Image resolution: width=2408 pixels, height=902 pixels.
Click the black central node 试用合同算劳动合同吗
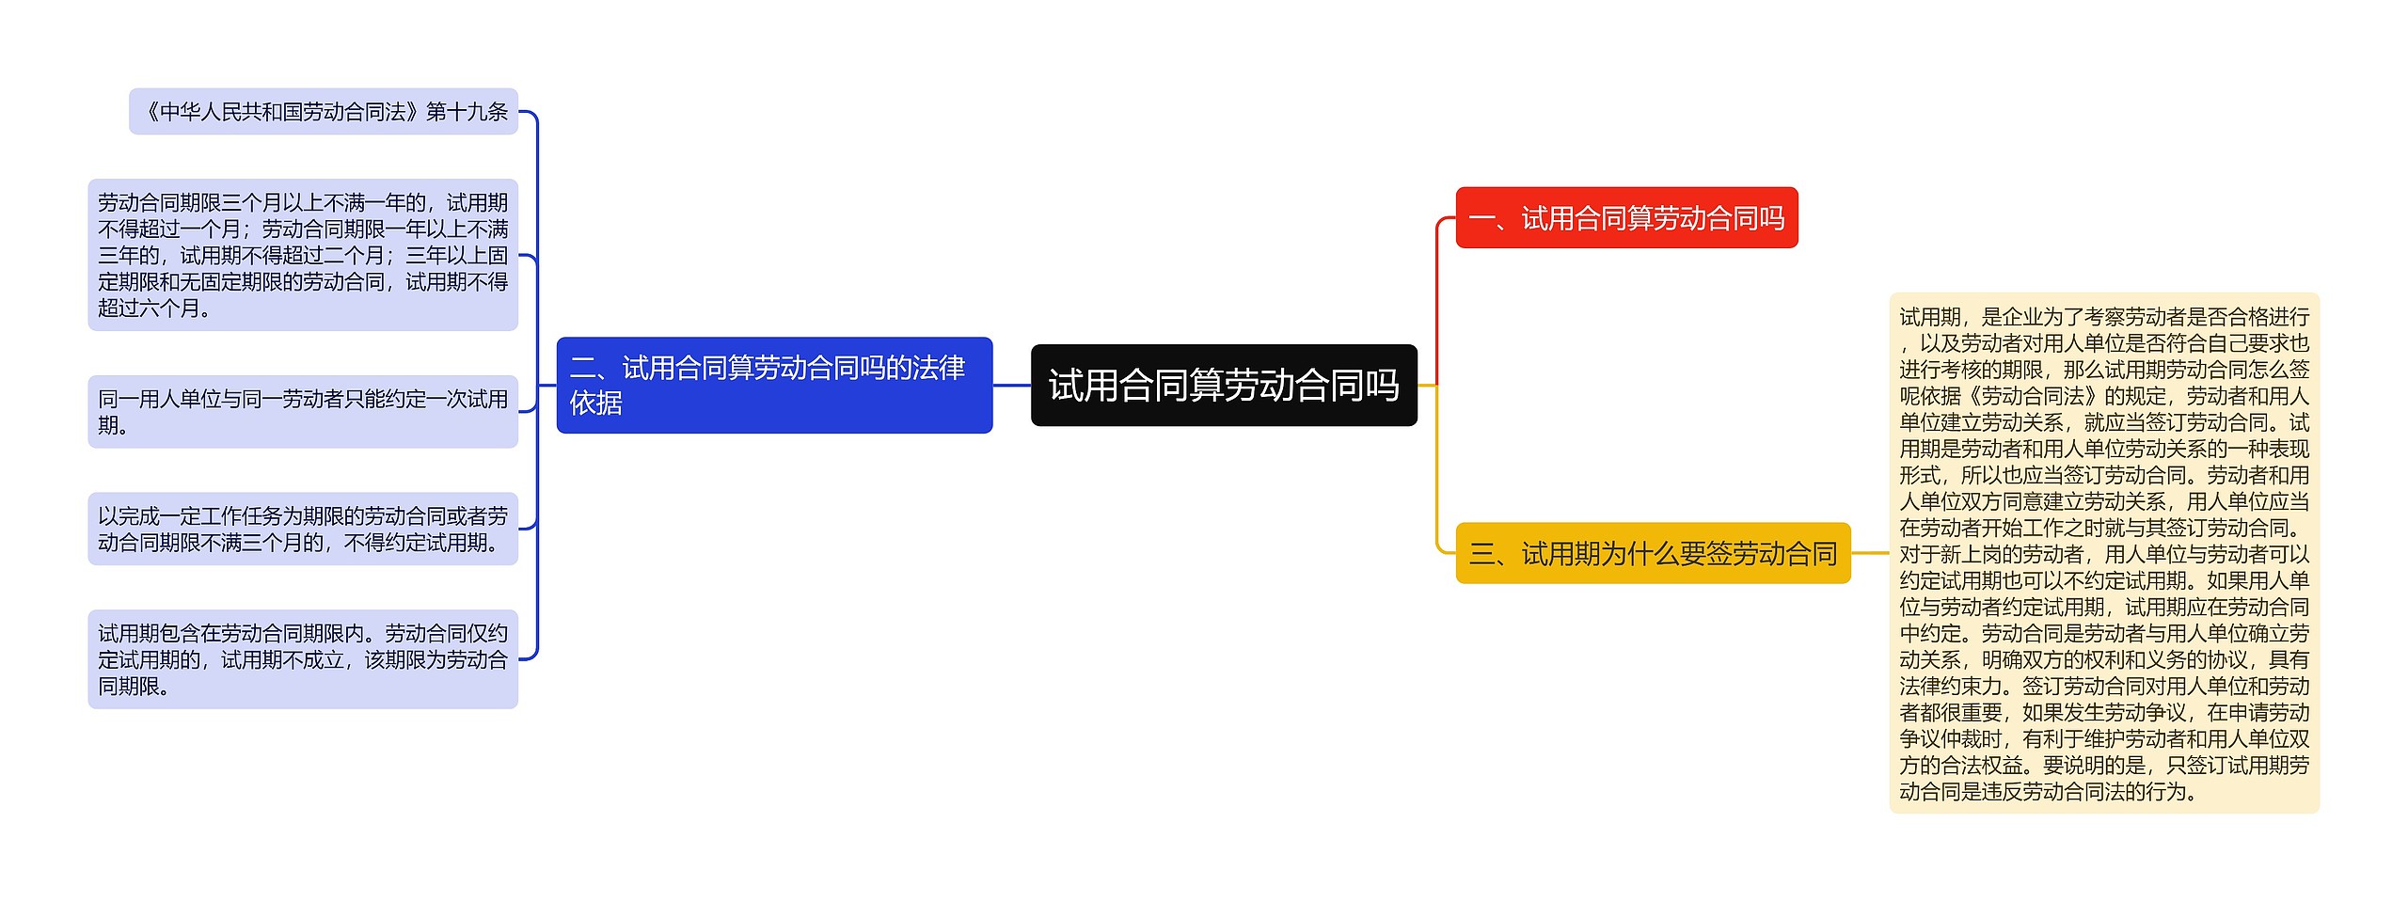(1223, 386)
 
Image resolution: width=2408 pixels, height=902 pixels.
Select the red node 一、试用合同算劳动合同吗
(1626, 218)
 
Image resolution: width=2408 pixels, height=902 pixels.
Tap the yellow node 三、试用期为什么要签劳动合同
(1653, 554)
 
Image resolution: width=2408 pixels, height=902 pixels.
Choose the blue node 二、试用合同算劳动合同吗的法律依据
(773, 386)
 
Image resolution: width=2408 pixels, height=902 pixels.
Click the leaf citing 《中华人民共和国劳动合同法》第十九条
(324, 112)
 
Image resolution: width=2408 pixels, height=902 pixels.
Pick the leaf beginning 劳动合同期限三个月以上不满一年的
(302, 255)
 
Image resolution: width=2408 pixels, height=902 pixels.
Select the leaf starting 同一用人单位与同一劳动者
(302, 412)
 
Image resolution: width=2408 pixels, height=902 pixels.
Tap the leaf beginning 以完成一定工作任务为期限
(302, 529)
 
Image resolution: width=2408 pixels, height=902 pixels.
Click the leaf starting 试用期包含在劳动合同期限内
(302, 659)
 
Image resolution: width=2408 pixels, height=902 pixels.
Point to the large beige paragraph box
(2104, 554)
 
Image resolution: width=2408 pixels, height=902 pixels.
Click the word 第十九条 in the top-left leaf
(467, 112)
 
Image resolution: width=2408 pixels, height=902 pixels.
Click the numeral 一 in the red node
(1481, 219)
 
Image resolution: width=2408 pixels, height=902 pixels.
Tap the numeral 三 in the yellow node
(1482, 555)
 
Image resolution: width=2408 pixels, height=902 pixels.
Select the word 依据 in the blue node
(596, 404)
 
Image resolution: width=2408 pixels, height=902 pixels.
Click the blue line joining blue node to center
(1011, 386)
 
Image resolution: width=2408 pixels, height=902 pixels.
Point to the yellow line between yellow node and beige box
(1870, 554)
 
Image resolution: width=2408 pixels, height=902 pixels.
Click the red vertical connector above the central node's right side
(1437, 301)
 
